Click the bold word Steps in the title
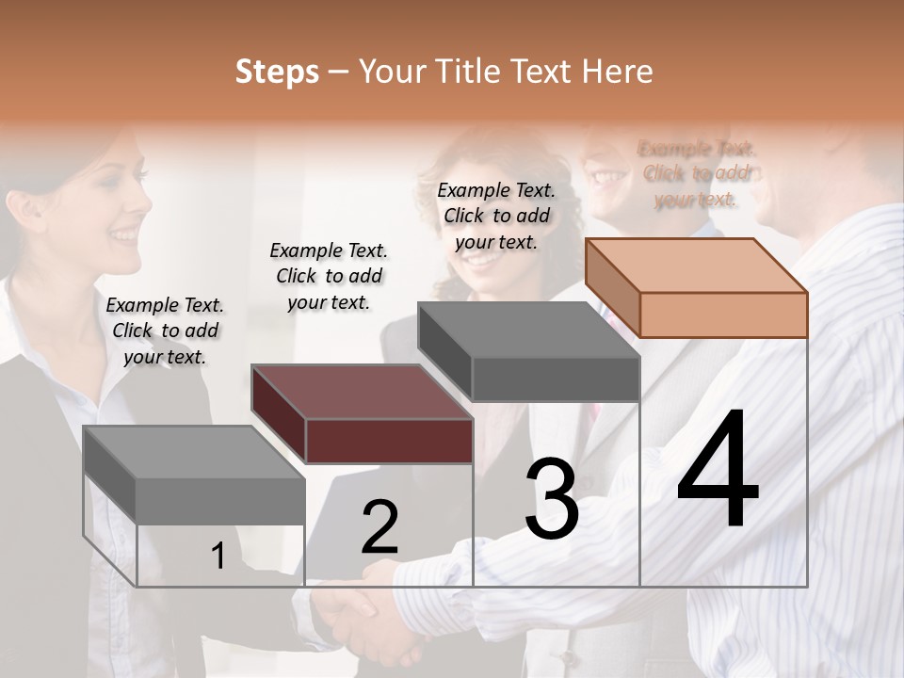[x=277, y=72]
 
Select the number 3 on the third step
[x=552, y=499]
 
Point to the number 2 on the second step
[x=379, y=526]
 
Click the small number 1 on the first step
[x=218, y=557]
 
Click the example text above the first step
[x=165, y=331]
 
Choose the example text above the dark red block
[x=329, y=276]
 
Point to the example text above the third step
[x=496, y=216]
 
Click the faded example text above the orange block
[x=697, y=173]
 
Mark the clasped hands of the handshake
[x=367, y=612]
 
